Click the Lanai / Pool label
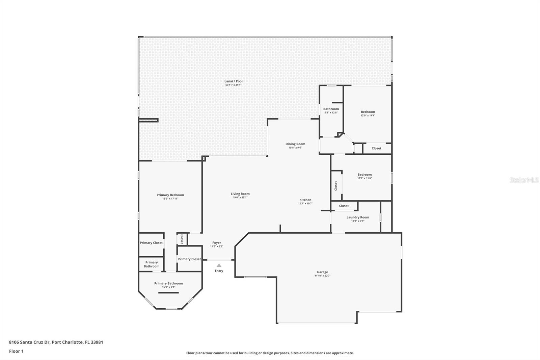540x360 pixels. (x=233, y=81)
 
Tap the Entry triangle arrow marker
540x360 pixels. (x=219, y=265)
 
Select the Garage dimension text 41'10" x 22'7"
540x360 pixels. (x=322, y=276)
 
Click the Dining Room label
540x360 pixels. (x=295, y=144)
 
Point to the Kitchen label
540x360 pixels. (x=305, y=200)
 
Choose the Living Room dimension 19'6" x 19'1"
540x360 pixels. (x=240, y=198)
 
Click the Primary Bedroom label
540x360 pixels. (x=170, y=195)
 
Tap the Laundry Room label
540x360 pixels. (x=358, y=217)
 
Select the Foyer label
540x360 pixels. (x=217, y=242)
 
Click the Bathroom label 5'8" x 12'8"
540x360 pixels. (x=331, y=109)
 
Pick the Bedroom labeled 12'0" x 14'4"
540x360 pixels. (x=368, y=112)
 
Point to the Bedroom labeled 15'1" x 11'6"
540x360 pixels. (x=364, y=175)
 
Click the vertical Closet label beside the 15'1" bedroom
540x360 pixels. (x=336, y=186)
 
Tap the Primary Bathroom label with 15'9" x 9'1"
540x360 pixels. (x=168, y=283)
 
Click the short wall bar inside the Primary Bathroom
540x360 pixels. (x=168, y=293)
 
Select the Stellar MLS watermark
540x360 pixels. (x=524, y=180)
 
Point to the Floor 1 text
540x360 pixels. (x=16, y=351)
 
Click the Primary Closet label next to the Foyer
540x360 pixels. (x=189, y=259)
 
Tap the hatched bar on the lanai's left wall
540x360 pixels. (x=148, y=120)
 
